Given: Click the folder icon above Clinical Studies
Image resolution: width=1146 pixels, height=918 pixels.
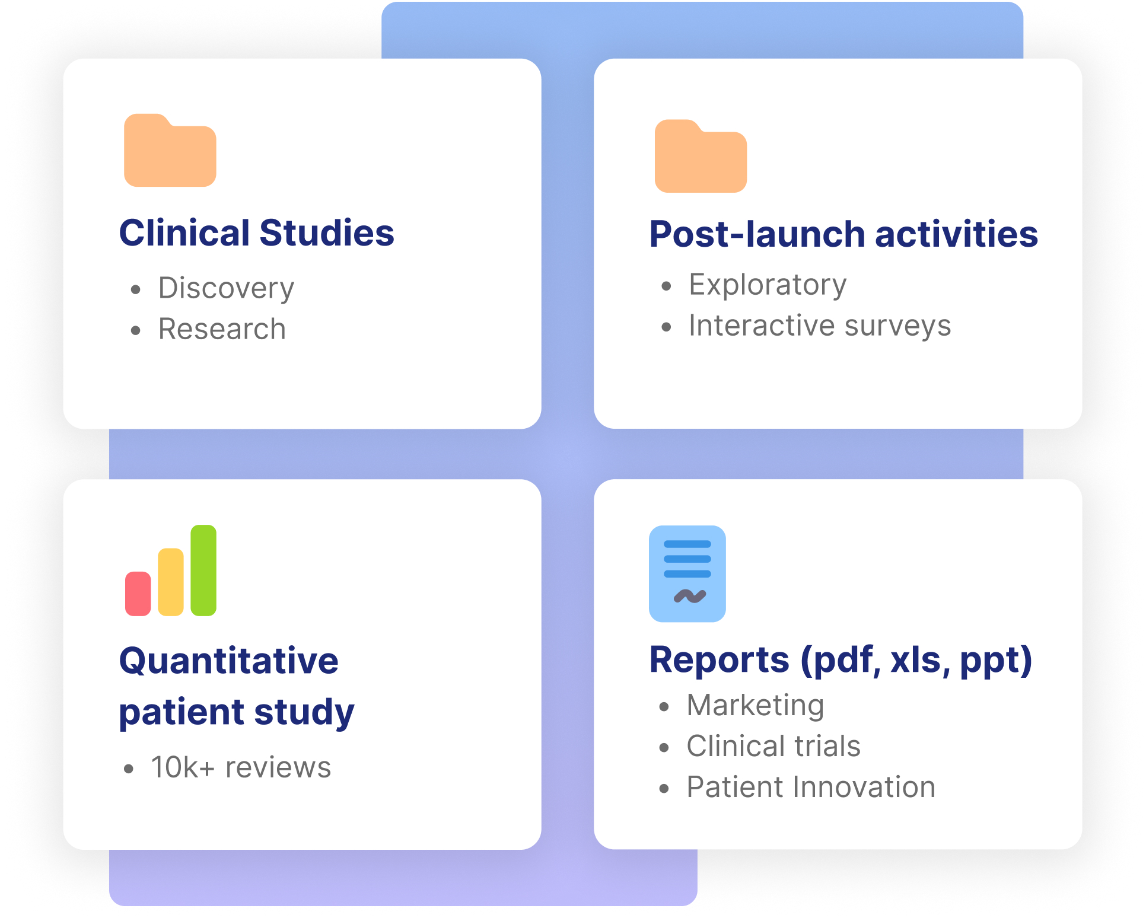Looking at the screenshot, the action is tap(170, 151).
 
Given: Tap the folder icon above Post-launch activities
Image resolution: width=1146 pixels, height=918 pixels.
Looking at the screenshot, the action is tap(701, 157).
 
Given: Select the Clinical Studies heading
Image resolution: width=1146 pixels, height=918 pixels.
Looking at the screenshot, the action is tap(257, 232).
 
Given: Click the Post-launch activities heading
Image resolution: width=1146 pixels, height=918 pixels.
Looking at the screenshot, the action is tap(843, 234).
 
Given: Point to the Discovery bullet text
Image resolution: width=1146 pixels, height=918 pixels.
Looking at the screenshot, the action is tap(226, 288).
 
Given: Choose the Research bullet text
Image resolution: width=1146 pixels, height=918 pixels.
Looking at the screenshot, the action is tap(222, 329).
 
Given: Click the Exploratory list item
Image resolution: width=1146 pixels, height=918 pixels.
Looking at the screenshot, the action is tap(768, 285).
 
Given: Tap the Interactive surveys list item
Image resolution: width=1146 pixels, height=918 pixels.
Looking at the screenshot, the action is tap(820, 326).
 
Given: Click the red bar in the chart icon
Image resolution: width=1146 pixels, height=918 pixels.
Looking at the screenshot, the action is tap(138, 594).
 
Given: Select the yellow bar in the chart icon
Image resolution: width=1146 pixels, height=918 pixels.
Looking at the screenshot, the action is tap(171, 582).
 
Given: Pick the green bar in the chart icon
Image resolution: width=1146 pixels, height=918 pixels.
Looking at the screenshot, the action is tap(203, 570).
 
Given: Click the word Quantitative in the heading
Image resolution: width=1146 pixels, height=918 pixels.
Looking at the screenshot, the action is tap(229, 661).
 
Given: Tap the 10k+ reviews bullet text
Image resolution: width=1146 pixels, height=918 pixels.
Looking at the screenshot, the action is tap(241, 767).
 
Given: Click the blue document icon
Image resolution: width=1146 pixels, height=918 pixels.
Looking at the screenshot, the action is tap(687, 573).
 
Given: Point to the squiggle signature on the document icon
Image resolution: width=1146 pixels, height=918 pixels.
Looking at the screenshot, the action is tap(690, 596).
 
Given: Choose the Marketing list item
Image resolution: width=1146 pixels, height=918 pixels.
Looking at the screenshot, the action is tap(756, 705).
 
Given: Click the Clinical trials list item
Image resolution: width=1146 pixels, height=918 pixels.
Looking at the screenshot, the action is tap(773, 746).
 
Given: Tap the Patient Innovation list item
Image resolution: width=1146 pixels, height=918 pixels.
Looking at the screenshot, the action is tap(811, 787).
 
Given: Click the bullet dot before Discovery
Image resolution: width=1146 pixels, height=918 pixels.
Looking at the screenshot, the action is tap(136, 289).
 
